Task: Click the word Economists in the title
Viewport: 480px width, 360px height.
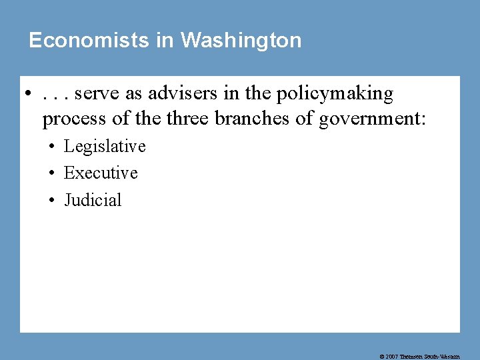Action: tap(89, 41)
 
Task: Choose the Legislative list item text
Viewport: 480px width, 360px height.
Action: tap(105, 146)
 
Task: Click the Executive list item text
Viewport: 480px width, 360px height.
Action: tap(101, 173)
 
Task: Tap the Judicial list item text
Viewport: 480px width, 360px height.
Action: tap(93, 200)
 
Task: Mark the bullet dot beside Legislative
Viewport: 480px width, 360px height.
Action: tap(51, 147)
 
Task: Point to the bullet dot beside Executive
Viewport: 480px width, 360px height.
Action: tap(51, 173)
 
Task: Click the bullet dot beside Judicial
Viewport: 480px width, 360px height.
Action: tap(51, 201)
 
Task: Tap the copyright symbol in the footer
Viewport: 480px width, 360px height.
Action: tap(382, 357)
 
